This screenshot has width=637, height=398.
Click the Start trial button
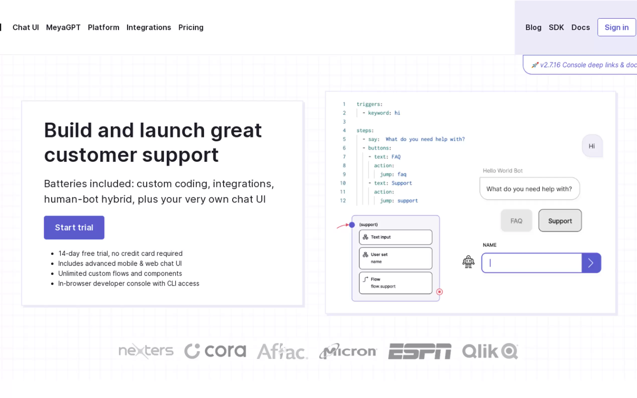(x=74, y=227)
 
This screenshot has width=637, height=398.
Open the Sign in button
(x=616, y=27)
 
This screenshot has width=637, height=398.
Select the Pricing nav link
(x=191, y=27)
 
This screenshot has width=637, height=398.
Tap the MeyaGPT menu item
(x=63, y=27)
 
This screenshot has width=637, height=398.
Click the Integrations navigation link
(x=149, y=27)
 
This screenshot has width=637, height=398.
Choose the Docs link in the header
(x=580, y=27)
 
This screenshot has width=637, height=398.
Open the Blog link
(x=533, y=27)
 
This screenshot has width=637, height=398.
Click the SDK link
(x=556, y=27)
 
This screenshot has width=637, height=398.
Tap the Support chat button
(x=560, y=221)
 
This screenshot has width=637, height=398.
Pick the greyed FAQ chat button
(x=516, y=221)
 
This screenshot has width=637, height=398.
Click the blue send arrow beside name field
(x=591, y=263)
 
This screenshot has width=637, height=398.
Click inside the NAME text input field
(x=532, y=263)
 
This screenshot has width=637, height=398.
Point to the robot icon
(x=468, y=262)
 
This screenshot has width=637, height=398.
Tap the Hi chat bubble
(x=592, y=146)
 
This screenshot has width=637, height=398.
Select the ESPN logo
(x=420, y=351)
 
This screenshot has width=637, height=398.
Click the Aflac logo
(x=282, y=351)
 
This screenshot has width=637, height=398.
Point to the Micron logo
(x=348, y=351)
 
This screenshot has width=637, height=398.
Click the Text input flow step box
(x=395, y=237)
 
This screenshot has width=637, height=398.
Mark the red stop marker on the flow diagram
(x=439, y=292)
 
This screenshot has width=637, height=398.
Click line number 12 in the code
(x=343, y=201)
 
